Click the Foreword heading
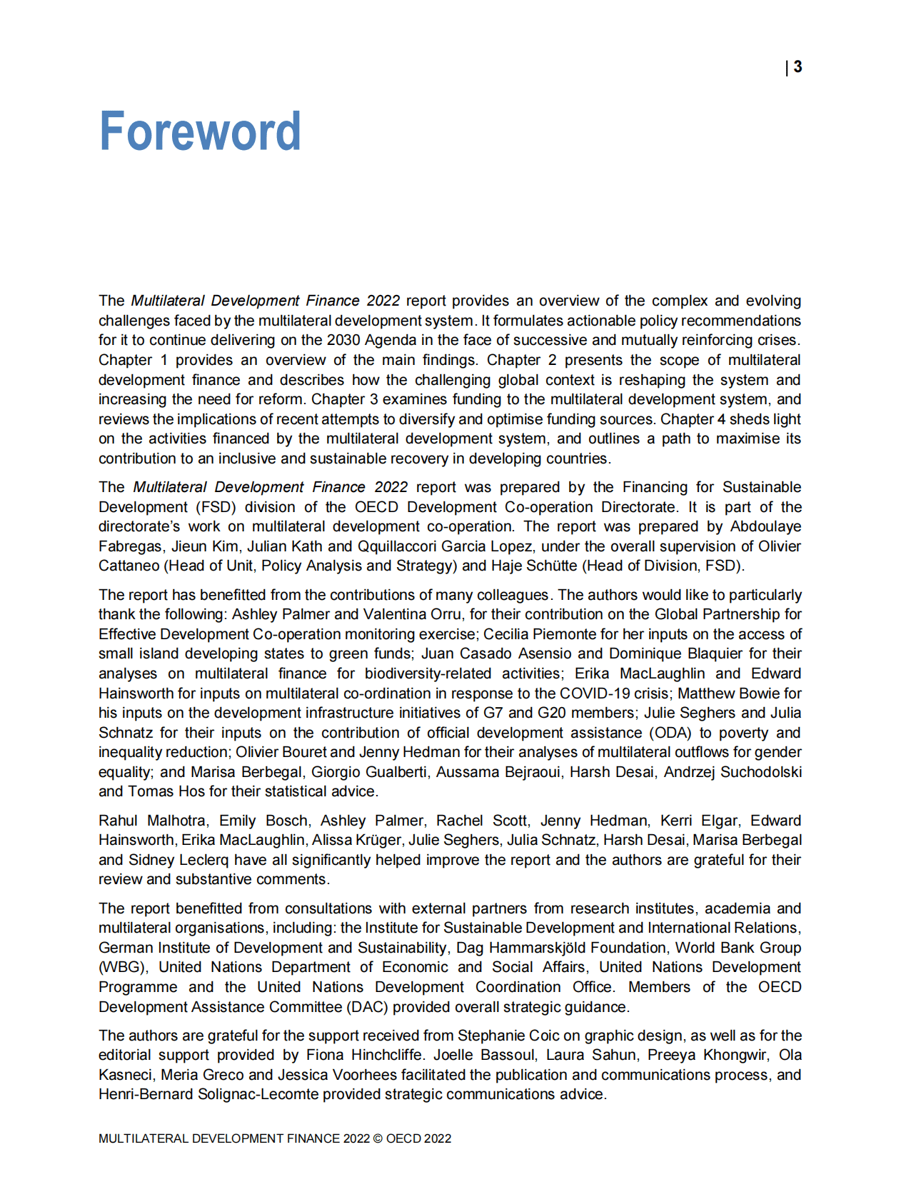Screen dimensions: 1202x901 [200, 131]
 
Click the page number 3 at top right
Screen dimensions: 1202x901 [797, 66]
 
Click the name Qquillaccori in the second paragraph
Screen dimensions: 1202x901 [397, 546]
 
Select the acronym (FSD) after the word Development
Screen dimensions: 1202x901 [213, 507]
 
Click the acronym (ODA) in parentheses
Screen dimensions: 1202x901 [671, 733]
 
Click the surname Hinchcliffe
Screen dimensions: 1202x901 [387, 1055]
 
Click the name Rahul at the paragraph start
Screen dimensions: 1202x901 [118, 821]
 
